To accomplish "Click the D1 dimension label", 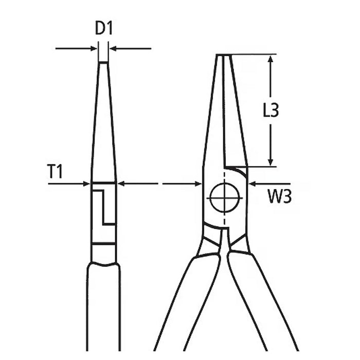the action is (x=104, y=28).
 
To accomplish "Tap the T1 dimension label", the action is (x=55, y=171).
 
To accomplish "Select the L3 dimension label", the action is (x=271, y=110).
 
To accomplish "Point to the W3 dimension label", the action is (x=280, y=196).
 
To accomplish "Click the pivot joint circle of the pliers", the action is (x=225, y=197).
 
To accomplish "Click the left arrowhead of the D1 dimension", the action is (x=94, y=48).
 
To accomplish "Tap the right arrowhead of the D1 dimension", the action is (x=113, y=48).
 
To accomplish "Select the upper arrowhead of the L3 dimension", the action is (x=271, y=59).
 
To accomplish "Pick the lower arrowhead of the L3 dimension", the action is (x=271, y=162).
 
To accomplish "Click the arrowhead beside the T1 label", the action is (x=86, y=184).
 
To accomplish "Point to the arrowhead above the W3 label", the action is (x=253, y=184).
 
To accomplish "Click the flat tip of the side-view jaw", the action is (x=103, y=62).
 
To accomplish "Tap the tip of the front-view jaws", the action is (x=224, y=55).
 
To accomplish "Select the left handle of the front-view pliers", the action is (x=187, y=303).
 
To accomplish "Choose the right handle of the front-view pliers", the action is (x=263, y=303).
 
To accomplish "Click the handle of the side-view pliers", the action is (x=103, y=307).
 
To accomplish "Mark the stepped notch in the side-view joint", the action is (x=103, y=207).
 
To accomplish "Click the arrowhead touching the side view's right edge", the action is (x=121, y=184).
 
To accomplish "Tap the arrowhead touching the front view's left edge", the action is (x=198, y=184).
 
